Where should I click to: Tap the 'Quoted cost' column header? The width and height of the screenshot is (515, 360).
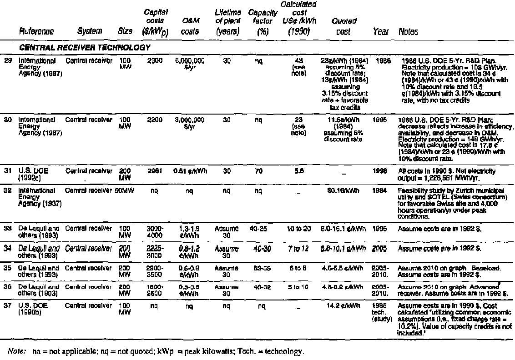(343, 27)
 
